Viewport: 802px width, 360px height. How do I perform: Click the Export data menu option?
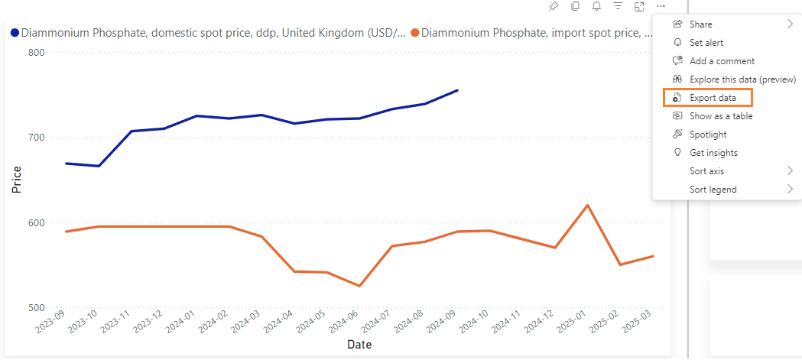[713, 98]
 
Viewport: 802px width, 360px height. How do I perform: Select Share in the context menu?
[700, 24]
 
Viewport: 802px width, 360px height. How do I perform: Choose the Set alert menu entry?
[706, 43]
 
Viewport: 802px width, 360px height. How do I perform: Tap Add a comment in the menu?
[722, 61]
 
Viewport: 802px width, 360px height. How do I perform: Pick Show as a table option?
[721, 116]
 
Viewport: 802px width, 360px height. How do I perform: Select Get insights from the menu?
[713, 153]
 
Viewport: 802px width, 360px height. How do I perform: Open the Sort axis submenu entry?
[706, 171]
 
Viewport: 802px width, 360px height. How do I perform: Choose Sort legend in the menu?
[713, 190]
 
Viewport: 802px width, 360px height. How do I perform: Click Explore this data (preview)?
[742, 79]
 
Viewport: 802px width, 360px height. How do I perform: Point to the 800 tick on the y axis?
[37, 53]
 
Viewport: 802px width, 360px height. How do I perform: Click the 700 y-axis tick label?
[37, 138]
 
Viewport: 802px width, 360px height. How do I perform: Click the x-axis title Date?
[359, 345]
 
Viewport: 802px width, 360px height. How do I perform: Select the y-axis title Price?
[16, 180]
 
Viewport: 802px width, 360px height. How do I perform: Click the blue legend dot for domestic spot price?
[15, 33]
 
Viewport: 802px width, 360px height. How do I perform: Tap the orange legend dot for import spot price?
[415, 33]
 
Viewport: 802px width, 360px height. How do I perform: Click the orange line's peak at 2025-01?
[587, 205]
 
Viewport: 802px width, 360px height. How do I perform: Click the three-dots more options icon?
[661, 7]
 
